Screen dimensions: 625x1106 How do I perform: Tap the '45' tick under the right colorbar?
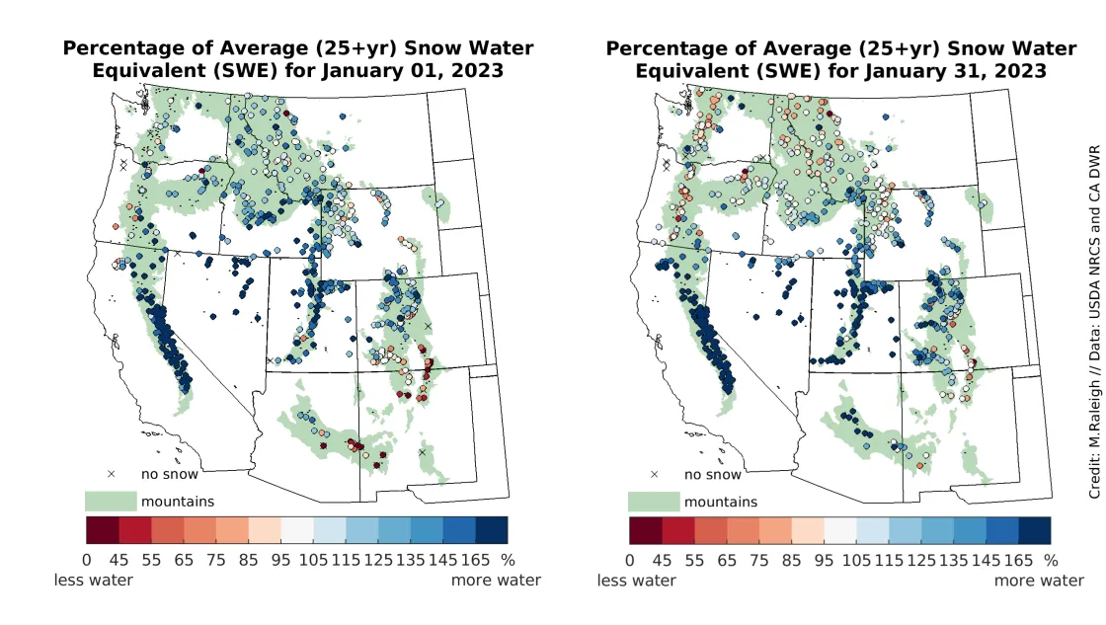[662, 559]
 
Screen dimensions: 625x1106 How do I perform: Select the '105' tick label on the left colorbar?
[312, 559]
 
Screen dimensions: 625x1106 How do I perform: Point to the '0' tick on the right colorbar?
[630, 559]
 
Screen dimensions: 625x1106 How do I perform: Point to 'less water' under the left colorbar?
[93, 580]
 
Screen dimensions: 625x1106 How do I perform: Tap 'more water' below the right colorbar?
[1039, 580]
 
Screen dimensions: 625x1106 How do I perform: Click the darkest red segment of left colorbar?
[103, 530]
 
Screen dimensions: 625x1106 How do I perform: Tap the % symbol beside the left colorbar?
[510, 559]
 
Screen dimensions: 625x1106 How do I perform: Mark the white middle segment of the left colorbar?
[297, 530]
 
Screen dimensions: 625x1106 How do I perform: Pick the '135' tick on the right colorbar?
[937, 559]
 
